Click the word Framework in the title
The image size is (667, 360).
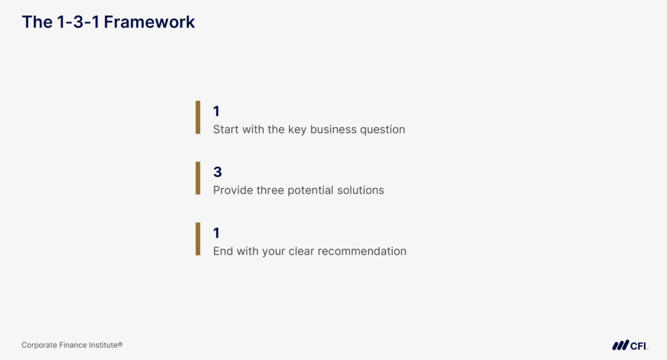149,21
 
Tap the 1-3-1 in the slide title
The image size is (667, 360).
78,21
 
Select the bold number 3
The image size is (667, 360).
218,172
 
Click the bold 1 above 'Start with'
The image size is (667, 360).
216,111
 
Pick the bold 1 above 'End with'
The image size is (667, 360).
216,233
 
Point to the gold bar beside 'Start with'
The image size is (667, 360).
198,117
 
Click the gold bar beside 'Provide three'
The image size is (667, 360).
198,178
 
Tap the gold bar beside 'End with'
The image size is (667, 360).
198,239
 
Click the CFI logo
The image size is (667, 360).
631,345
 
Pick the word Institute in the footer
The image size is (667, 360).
104,344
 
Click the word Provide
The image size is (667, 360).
233,190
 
